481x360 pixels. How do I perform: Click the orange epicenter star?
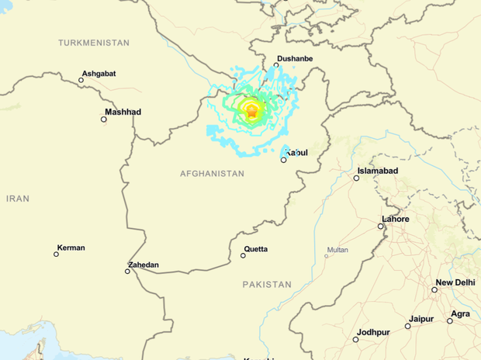(x=251, y=112)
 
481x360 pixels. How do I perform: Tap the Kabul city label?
(x=296, y=153)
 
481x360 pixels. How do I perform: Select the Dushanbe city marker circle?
(x=277, y=66)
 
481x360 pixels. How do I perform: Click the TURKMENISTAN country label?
(x=94, y=43)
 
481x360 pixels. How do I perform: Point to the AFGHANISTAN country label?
(x=212, y=174)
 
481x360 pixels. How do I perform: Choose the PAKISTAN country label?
(x=267, y=285)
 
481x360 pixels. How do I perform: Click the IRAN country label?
(x=18, y=199)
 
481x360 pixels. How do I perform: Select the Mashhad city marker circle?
(x=105, y=119)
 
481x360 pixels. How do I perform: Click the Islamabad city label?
(x=378, y=171)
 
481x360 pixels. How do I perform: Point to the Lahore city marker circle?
(x=382, y=227)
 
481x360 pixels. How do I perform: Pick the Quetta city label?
(x=256, y=249)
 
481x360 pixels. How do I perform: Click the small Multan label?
(x=337, y=250)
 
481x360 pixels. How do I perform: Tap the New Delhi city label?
(x=455, y=282)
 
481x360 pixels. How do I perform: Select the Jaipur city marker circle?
(x=408, y=326)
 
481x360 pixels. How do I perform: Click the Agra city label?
(x=460, y=313)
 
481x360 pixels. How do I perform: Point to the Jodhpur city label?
(x=373, y=332)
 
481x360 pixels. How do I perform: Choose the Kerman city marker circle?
(x=57, y=254)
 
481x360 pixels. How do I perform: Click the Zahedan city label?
(x=144, y=265)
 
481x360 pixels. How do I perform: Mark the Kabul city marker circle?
(x=284, y=160)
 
